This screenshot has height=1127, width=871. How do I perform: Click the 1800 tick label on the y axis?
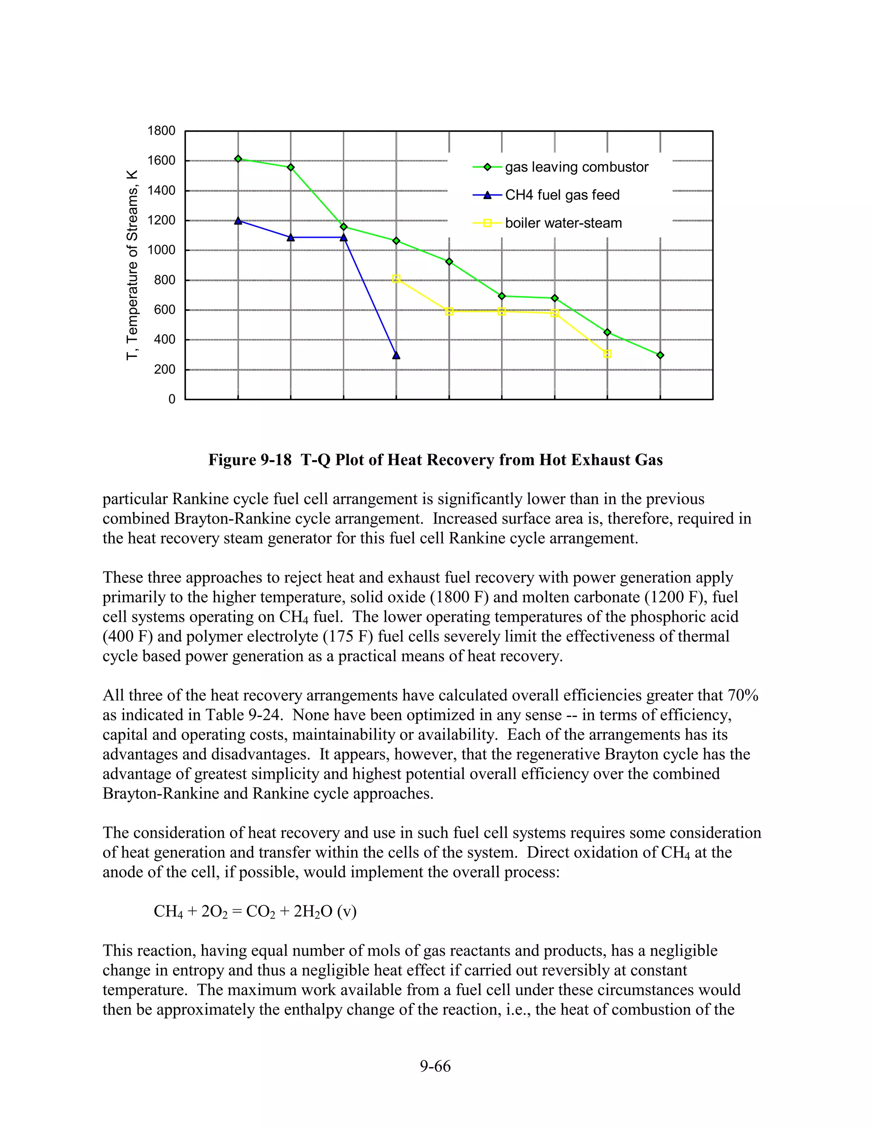pos(161,131)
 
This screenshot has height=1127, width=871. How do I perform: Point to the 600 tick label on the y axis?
pos(164,310)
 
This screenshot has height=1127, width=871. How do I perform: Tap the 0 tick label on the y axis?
pos(172,399)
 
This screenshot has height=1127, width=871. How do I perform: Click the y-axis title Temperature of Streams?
pos(133,265)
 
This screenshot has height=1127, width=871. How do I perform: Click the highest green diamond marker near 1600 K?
pos(238,159)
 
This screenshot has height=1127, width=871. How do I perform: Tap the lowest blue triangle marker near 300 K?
pos(396,355)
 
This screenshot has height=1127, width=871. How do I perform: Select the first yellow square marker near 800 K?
pos(396,279)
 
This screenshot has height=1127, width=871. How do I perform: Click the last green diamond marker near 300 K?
pos(660,355)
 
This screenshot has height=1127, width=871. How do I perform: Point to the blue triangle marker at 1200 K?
pos(238,221)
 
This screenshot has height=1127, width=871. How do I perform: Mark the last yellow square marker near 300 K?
pos(607,354)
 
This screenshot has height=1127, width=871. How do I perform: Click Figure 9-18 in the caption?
pos(250,460)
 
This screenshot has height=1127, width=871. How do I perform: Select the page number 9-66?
pos(435,1066)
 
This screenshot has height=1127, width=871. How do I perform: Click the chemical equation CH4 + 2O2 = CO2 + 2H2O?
pos(255,911)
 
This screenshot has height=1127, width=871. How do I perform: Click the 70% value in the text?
pos(743,695)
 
